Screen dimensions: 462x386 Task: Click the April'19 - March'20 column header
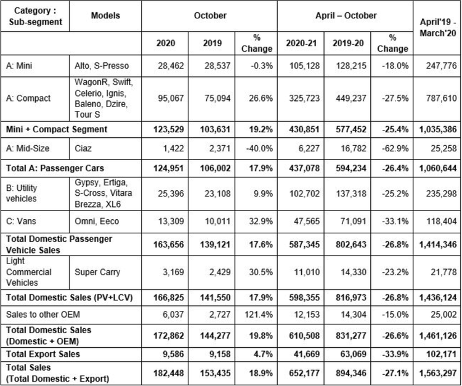pos(438,27)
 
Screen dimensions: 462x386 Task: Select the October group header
pos(210,15)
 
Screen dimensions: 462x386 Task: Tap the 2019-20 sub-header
pos(348,43)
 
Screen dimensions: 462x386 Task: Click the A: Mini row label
pos(19,65)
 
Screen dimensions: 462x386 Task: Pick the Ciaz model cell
pos(83,148)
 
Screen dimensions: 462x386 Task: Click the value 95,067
pos(171,99)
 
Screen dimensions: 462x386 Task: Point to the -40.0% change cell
pos(259,148)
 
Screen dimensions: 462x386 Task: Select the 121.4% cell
pos(259,315)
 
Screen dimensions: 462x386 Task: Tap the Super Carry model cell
pos(97,272)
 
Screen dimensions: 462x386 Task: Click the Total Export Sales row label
pos(43,354)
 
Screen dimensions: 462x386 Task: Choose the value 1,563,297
pos(438,373)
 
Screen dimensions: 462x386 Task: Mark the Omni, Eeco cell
pos(97,221)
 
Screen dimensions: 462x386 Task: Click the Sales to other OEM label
pos(43,315)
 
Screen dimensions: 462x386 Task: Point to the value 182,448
pos(169,373)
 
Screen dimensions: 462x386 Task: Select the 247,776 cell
pos(442,65)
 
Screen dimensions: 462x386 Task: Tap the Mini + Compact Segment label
pos(57,129)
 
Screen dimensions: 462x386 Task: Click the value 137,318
pos(351,193)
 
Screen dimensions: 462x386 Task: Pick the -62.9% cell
pos(395,148)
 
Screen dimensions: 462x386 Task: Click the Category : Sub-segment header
pos(35,16)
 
